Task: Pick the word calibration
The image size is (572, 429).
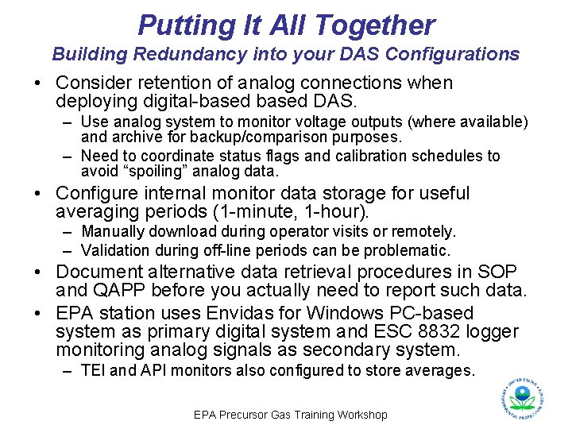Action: tap(383, 157)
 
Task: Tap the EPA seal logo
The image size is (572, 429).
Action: tap(522, 395)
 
